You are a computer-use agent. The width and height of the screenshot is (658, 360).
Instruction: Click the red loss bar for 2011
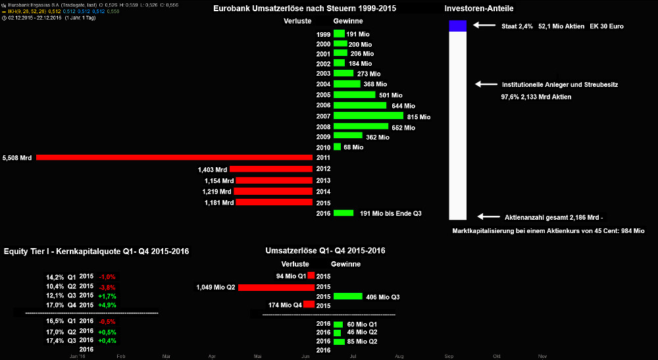coord(174,158)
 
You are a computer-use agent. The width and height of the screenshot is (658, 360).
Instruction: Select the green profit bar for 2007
coord(368,116)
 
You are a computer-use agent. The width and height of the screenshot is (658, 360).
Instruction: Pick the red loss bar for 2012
coord(271,169)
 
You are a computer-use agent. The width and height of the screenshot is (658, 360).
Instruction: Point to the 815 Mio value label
coord(418,116)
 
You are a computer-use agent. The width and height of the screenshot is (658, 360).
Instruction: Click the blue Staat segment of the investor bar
coord(458,26)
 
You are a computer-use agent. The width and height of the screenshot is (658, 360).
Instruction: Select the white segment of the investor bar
coord(458,125)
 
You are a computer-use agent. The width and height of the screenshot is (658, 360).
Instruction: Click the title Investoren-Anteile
coord(479,9)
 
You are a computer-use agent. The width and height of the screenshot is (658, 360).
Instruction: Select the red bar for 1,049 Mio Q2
coord(276,288)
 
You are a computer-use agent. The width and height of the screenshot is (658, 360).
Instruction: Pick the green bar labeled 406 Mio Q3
coord(348,297)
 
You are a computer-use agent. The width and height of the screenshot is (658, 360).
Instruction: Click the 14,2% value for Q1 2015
coord(55,277)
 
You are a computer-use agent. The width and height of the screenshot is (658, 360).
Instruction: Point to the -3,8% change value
coord(107,288)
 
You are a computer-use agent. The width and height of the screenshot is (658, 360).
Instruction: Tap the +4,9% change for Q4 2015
coord(107,305)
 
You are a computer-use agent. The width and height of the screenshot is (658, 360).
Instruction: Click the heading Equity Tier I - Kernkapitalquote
coord(96,251)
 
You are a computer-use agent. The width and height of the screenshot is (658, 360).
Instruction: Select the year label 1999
coord(323,34)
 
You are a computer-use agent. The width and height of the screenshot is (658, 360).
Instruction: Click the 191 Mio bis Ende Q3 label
coord(391,213)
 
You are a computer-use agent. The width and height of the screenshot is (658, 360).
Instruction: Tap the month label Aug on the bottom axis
coord(399,356)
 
